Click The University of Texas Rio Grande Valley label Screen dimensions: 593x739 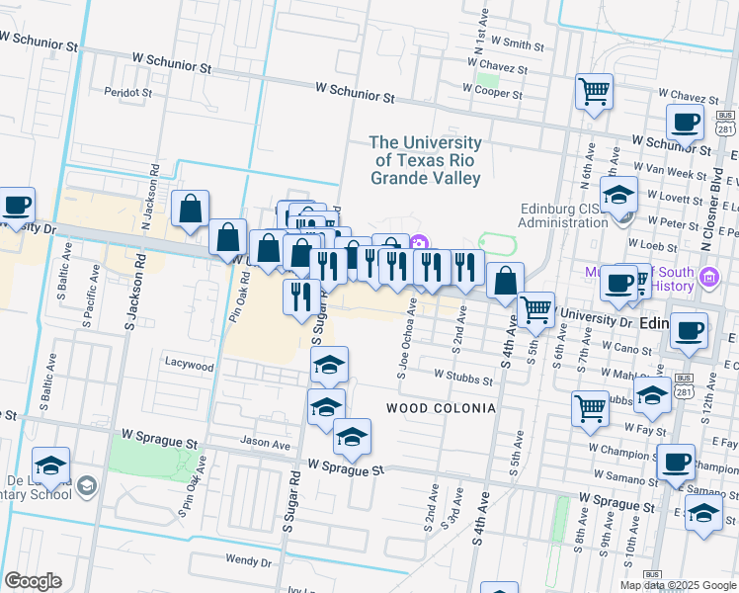click(426, 161)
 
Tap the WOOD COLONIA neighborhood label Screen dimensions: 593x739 click(440, 408)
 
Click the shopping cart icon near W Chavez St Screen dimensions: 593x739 click(595, 92)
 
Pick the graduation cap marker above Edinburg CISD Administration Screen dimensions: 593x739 click(618, 195)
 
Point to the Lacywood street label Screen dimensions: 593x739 click(189, 366)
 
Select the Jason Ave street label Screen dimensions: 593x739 click(266, 445)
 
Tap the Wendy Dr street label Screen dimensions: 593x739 click(248, 560)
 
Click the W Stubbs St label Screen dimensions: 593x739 click(463, 379)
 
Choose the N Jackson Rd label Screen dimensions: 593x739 click(155, 197)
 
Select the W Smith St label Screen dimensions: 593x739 click(511, 44)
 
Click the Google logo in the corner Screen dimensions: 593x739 click(33, 581)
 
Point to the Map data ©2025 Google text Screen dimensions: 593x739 click(677, 585)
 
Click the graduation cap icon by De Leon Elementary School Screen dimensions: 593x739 click(50, 466)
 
